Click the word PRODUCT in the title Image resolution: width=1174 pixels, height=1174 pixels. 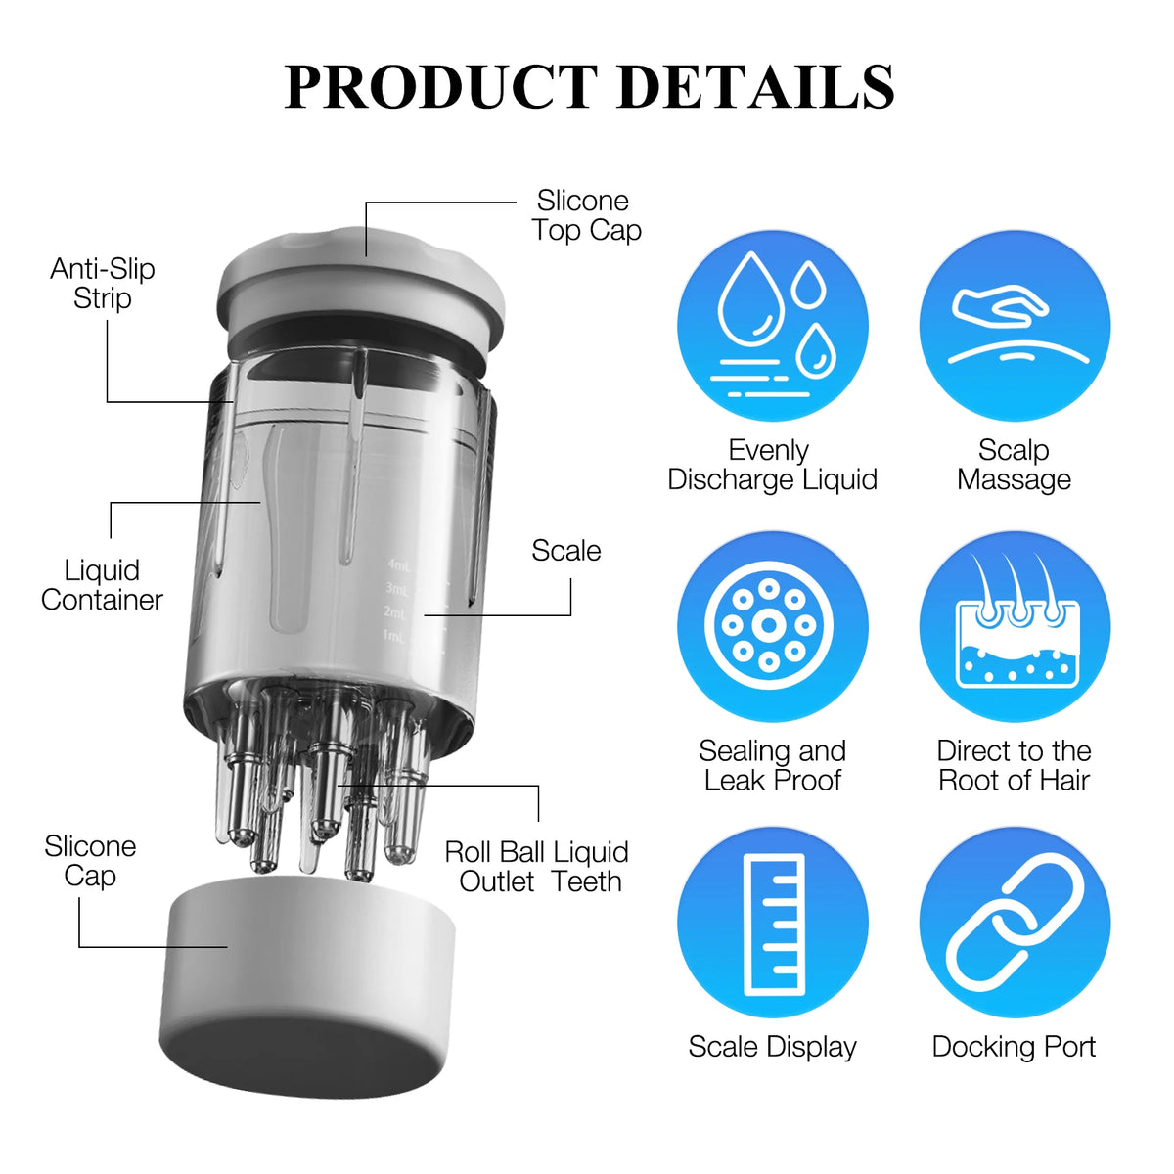pos(440,86)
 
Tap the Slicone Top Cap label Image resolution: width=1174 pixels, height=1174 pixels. pos(586,215)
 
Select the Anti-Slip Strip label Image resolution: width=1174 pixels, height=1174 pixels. pos(103,284)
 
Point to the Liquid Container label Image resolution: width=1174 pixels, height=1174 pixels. pos(102,585)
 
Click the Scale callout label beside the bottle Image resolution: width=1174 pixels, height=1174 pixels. pos(566,551)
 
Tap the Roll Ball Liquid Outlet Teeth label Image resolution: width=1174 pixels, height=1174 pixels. pos(536,867)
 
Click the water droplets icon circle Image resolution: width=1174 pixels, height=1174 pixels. pos(773,326)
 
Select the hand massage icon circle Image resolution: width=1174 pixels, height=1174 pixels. pos(1015,326)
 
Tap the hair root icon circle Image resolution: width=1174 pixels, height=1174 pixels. pos(1015,627)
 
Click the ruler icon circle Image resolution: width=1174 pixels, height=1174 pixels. pos(773,923)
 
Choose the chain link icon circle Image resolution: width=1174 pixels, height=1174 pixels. pos(1015,923)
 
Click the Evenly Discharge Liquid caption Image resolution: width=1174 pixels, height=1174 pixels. pos(772,466)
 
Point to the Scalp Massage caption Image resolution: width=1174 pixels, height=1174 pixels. pos(1014,466)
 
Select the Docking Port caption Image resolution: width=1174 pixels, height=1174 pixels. pos(1014,1047)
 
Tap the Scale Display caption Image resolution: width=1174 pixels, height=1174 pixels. pos(773,1047)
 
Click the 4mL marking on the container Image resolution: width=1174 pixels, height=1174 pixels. pos(399,566)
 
